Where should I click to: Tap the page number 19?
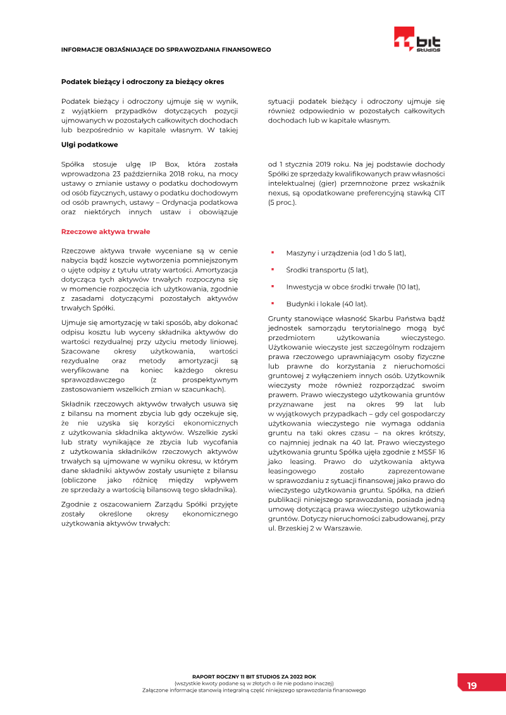tap(472, 686)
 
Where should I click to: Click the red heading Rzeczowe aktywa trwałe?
tap(105, 231)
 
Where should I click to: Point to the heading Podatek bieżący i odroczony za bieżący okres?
tap(142, 82)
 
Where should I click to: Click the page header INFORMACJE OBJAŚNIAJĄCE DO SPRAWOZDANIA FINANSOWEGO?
tap(166, 49)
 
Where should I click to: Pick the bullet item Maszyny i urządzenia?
tap(345, 253)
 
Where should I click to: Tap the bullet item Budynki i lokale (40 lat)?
tap(326, 303)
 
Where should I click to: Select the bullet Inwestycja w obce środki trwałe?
tap(352, 286)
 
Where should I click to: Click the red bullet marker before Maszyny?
tap(272, 252)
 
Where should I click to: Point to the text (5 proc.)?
tap(282, 202)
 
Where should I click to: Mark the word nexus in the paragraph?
tap(278, 193)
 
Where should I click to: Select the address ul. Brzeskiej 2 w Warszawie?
tap(315, 528)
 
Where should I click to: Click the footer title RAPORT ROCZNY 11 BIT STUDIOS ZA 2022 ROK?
tap(254, 676)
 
